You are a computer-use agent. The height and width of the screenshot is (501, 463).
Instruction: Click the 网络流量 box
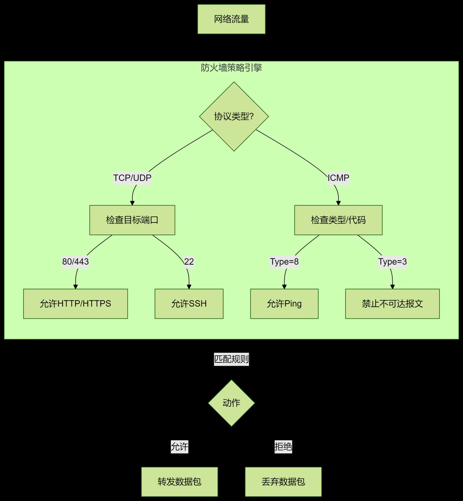click(x=232, y=19)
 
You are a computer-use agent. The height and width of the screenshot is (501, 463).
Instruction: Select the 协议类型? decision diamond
click(x=234, y=116)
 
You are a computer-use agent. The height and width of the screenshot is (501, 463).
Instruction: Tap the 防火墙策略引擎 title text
click(x=232, y=68)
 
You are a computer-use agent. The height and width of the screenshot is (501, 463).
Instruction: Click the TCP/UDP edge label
click(x=132, y=178)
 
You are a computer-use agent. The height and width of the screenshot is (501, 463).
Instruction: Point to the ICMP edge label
click(x=338, y=178)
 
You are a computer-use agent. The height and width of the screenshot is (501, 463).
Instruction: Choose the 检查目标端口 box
click(x=132, y=220)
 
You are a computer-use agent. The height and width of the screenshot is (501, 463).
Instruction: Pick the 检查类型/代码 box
click(x=338, y=220)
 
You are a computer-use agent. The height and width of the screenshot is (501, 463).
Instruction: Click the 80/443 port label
click(x=75, y=262)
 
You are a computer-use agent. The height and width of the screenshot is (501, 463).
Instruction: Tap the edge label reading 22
click(x=189, y=262)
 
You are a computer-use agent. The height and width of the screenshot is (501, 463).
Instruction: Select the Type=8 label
click(x=284, y=262)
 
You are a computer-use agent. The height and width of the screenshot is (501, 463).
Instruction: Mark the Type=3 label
click(x=393, y=262)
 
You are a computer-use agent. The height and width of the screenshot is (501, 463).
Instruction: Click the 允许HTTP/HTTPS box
click(x=76, y=304)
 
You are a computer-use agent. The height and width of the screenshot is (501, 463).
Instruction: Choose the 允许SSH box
click(x=189, y=304)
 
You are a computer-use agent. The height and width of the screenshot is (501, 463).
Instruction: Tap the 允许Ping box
click(x=284, y=304)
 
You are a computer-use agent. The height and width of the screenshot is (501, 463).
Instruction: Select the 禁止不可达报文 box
click(x=393, y=304)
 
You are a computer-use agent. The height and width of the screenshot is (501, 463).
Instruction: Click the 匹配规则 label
click(x=232, y=359)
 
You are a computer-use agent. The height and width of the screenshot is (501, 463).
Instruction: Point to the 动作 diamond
click(x=232, y=403)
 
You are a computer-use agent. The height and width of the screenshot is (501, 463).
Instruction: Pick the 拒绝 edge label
click(x=283, y=447)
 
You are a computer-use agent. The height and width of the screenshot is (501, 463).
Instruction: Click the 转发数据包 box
click(x=180, y=481)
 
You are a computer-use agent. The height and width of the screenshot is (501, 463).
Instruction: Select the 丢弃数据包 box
click(x=283, y=481)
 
